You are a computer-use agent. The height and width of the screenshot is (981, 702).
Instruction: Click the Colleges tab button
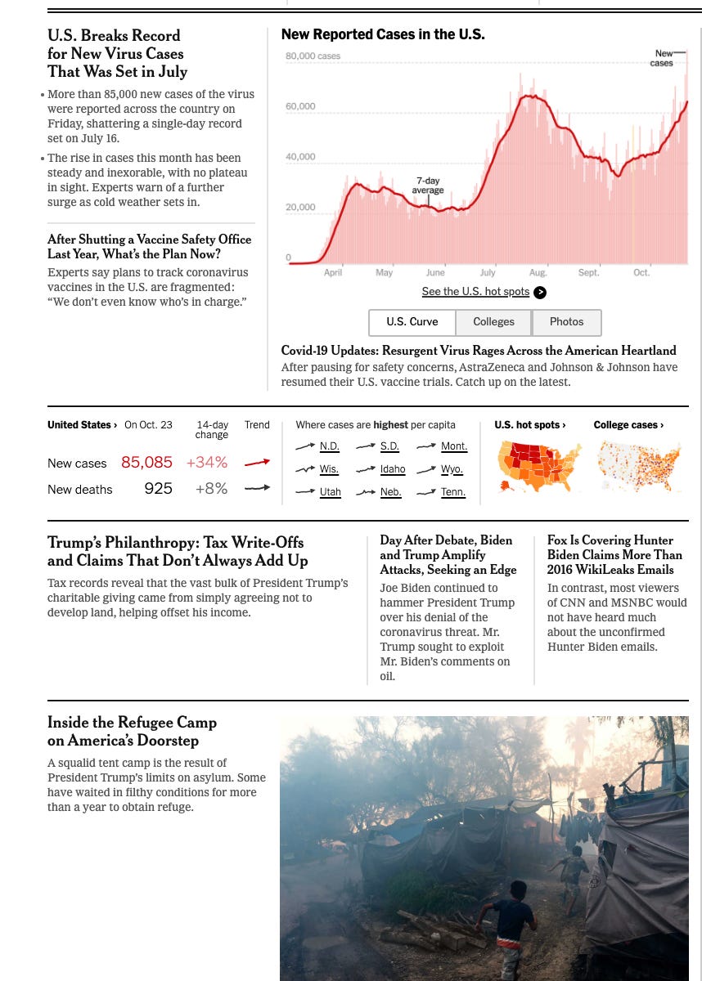click(493, 322)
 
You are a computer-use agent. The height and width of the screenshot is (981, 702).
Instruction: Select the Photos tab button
click(566, 322)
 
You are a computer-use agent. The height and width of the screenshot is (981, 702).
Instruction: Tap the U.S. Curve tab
click(412, 322)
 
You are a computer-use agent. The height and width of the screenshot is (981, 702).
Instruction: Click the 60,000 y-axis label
click(300, 106)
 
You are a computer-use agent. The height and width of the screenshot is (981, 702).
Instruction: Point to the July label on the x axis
click(488, 272)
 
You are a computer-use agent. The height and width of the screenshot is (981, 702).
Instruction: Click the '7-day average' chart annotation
click(427, 186)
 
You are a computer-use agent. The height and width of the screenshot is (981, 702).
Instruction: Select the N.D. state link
click(329, 446)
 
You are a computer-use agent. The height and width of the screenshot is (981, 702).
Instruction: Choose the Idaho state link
click(393, 469)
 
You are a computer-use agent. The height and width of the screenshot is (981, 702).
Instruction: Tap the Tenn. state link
click(453, 492)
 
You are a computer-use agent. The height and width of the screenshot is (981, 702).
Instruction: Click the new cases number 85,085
click(146, 463)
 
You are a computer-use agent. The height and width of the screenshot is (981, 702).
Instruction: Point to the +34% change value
click(206, 463)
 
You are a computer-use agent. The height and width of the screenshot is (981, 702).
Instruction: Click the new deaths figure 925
click(158, 489)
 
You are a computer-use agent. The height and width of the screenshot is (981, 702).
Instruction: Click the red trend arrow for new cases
click(257, 463)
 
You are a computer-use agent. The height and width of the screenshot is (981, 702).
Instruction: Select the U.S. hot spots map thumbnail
click(540, 466)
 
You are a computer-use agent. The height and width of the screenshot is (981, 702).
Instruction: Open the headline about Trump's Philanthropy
click(175, 552)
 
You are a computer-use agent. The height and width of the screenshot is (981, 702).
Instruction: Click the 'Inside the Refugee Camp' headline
click(132, 732)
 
